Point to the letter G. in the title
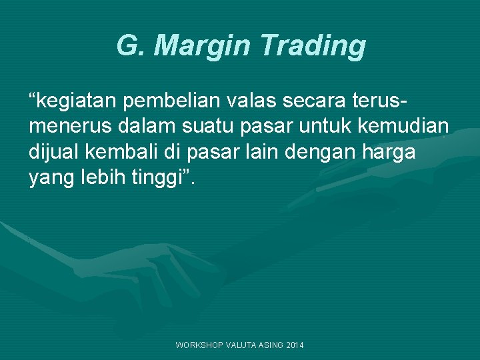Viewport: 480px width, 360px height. coord(132,47)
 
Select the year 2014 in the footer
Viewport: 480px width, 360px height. coord(293,345)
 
